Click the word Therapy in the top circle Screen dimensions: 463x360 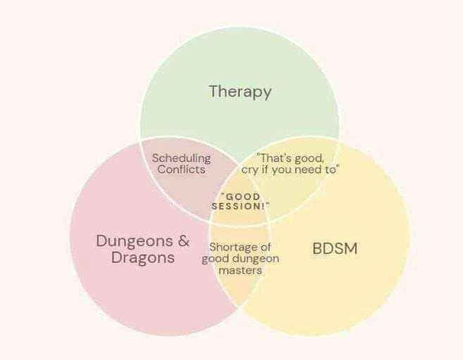pos(240,92)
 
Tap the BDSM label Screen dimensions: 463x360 pos(335,248)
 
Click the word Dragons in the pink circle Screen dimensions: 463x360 pos(143,257)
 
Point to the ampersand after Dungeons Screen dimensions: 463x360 pos(184,240)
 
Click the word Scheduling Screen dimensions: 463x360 pos(181,159)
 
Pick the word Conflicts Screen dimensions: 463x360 pos(181,170)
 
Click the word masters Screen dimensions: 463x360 pos(240,271)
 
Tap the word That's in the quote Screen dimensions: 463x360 pos(273,159)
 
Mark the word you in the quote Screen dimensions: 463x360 pos(282,170)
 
